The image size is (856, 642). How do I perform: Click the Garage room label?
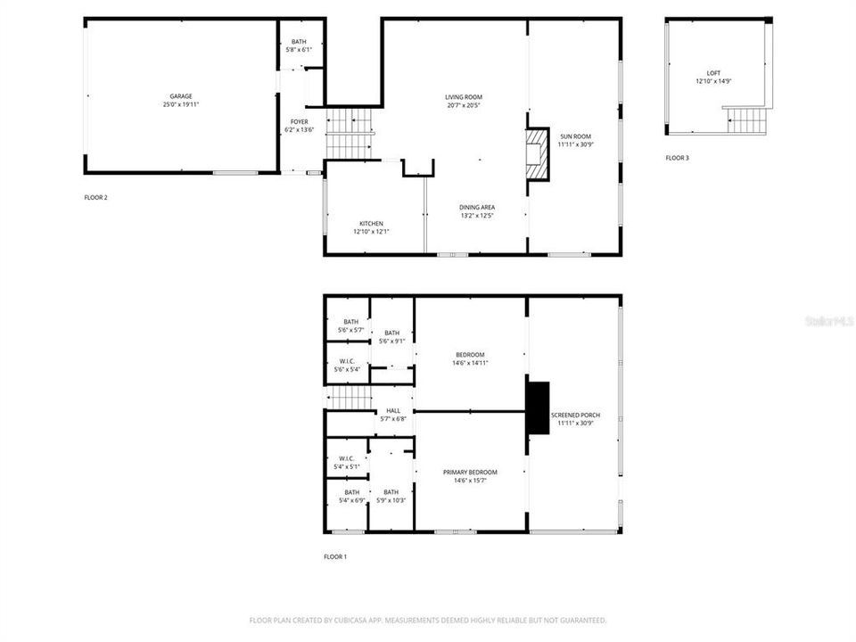click(x=181, y=96)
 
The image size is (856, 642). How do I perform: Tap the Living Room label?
click(x=464, y=96)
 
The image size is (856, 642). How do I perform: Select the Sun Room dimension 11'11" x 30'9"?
click(x=574, y=144)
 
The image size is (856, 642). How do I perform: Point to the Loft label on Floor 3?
click(x=713, y=73)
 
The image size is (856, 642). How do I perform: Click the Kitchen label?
click(x=371, y=223)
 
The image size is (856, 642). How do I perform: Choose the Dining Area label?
click(x=477, y=207)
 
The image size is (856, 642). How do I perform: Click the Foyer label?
click(x=299, y=121)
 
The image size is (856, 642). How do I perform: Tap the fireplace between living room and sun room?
click(x=537, y=153)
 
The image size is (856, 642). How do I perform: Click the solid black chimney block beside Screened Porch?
click(x=538, y=408)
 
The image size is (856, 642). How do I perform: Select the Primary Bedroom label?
click(x=470, y=472)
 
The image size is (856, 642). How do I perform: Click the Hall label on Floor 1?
click(x=393, y=410)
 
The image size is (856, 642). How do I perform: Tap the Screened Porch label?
click(x=575, y=415)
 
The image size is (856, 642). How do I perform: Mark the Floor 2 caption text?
click(x=95, y=197)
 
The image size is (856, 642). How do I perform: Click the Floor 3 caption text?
click(x=677, y=158)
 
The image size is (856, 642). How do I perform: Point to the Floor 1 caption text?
click(x=334, y=556)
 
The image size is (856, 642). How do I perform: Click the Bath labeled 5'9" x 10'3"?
click(x=392, y=496)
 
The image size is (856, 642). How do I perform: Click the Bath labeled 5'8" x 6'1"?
click(x=299, y=45)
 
